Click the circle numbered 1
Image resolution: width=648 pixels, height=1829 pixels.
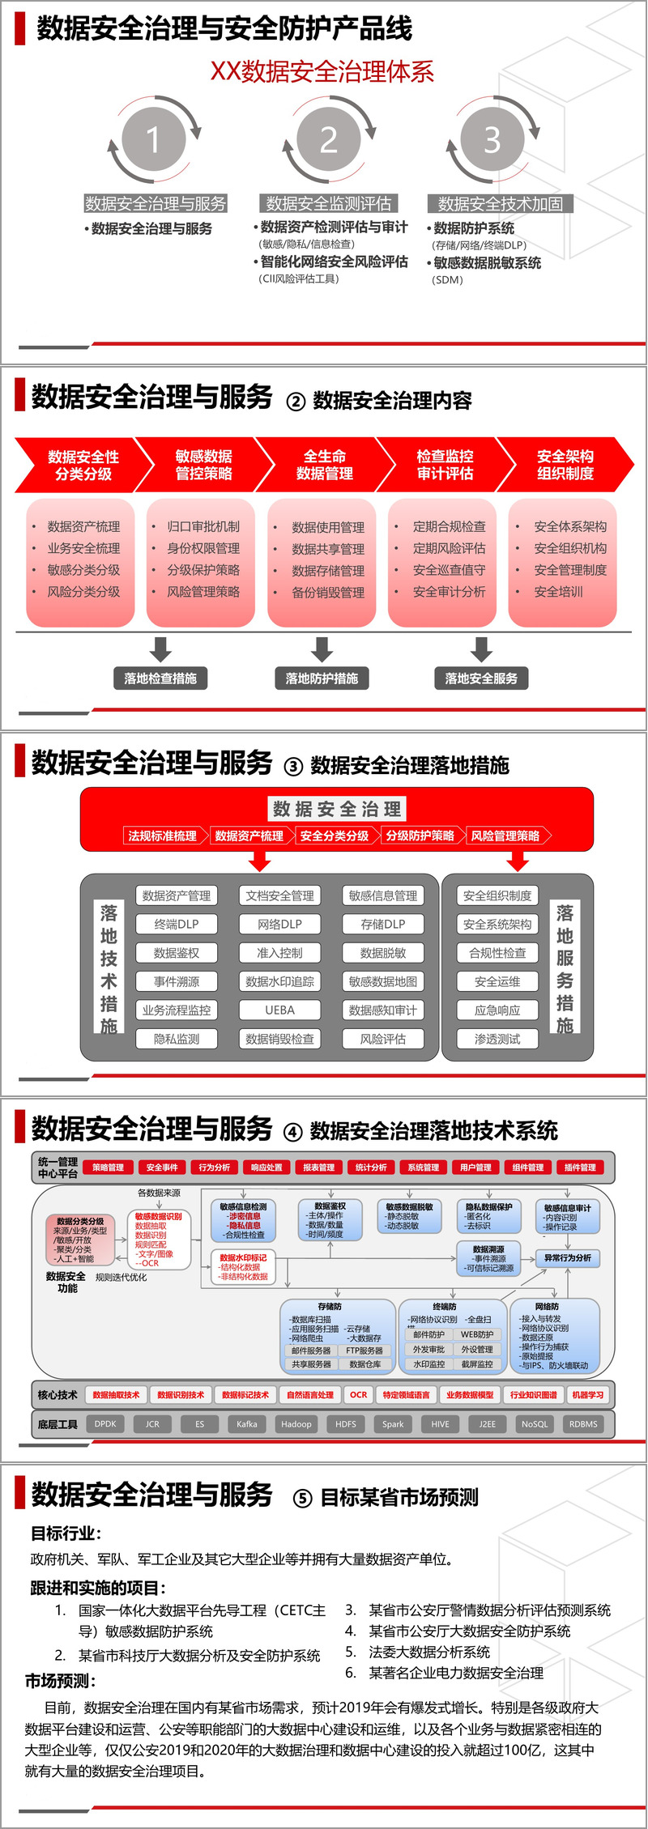tap(154, 138)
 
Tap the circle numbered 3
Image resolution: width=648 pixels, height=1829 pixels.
tap(492, 139)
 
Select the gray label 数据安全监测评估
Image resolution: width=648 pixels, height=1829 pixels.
tap(328, 203)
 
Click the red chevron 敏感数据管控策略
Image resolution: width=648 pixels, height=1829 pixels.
tap(204, 465)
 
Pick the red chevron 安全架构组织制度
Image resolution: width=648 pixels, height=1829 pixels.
tap(565, 465)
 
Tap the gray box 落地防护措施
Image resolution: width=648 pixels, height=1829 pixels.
tap(322, 678)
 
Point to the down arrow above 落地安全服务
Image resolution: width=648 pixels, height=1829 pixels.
tap(482, 649)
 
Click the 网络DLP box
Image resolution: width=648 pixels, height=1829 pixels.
tap(279, 924)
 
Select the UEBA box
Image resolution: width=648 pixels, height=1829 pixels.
tap(279, 1010)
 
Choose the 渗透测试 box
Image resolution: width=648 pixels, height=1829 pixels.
tap(497, 1039)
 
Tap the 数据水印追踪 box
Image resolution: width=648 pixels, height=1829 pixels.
tap(279, 981)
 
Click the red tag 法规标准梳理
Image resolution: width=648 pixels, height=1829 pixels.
tap(162, 836)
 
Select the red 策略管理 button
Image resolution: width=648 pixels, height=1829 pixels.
tap(108, 1168)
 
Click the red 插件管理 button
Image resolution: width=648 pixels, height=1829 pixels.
tap(580, 1168)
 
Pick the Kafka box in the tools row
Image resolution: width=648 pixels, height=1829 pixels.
tap(247, 1424)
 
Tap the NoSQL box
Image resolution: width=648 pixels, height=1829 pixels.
tap(535, 1424)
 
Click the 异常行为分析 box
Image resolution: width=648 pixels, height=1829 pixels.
tap(568, 1258)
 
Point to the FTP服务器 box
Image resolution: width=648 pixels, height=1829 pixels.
tap(364, 1350)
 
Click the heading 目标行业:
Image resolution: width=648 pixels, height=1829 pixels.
tap(66, 1533)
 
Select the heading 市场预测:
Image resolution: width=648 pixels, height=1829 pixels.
tap(61, 1681)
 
